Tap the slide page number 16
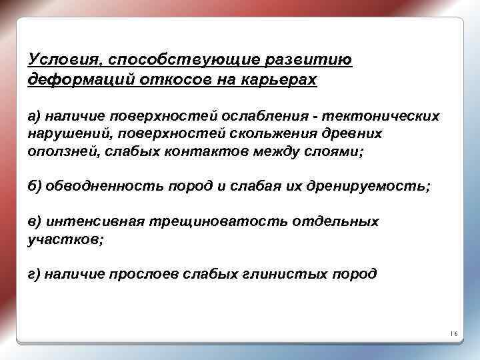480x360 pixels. tap(454, 333)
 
